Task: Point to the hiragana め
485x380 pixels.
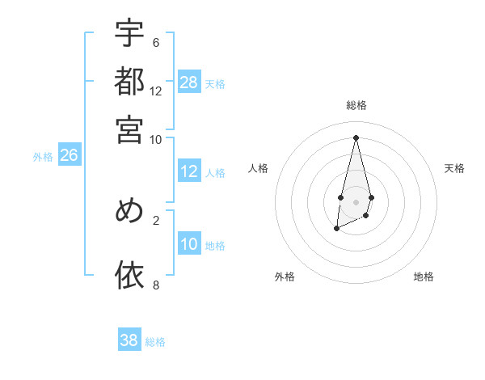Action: point(129,210)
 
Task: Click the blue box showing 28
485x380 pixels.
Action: point(189,82)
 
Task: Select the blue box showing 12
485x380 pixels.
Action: point(189,171)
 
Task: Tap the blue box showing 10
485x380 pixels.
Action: point(189,244)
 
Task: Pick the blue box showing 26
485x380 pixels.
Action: point(69,156)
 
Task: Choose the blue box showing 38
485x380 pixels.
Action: point(129,340)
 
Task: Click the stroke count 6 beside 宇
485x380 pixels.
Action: point(156,42)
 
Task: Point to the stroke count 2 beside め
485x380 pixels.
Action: point(156,219)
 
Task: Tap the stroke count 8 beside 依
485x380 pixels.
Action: point(156,285)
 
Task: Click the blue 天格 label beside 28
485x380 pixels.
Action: point(215,83)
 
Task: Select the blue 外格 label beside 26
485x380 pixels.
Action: point(43,157)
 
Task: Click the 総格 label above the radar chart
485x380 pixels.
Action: point(356,105)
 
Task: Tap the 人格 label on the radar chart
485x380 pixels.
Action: point(259,168)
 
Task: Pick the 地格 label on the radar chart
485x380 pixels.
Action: point(424,277)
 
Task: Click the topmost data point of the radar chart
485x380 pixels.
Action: point(356,137)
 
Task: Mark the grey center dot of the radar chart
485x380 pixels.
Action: point(356,201)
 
